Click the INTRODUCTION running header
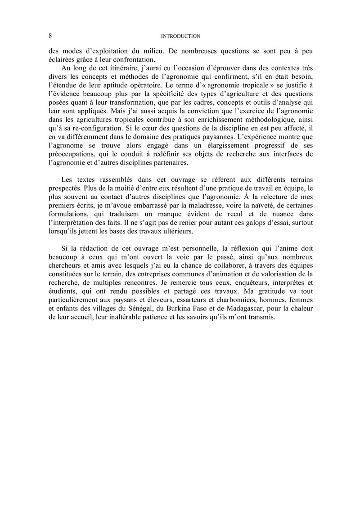tap(180, 36)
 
